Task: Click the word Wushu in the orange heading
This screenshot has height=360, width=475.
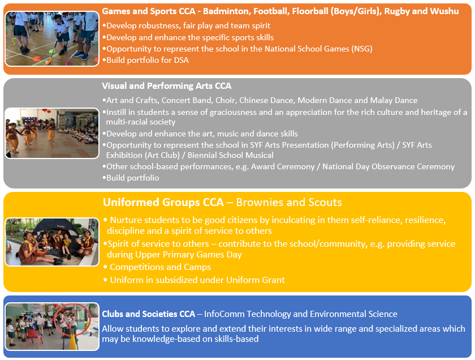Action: tap(446, 11)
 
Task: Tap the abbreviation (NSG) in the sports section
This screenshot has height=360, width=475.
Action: tap(361, 49)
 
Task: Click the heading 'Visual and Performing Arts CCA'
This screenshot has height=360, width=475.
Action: tap(167, 86)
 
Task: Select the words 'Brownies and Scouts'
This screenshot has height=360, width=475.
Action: tap(288, 203)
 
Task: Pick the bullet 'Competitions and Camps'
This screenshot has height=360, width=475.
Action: tap(160, 267)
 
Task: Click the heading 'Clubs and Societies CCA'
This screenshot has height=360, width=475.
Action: tap(149, 314)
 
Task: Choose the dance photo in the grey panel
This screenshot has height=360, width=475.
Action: tap(52, 133)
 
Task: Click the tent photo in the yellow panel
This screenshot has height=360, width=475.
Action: tap(52, 242)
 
